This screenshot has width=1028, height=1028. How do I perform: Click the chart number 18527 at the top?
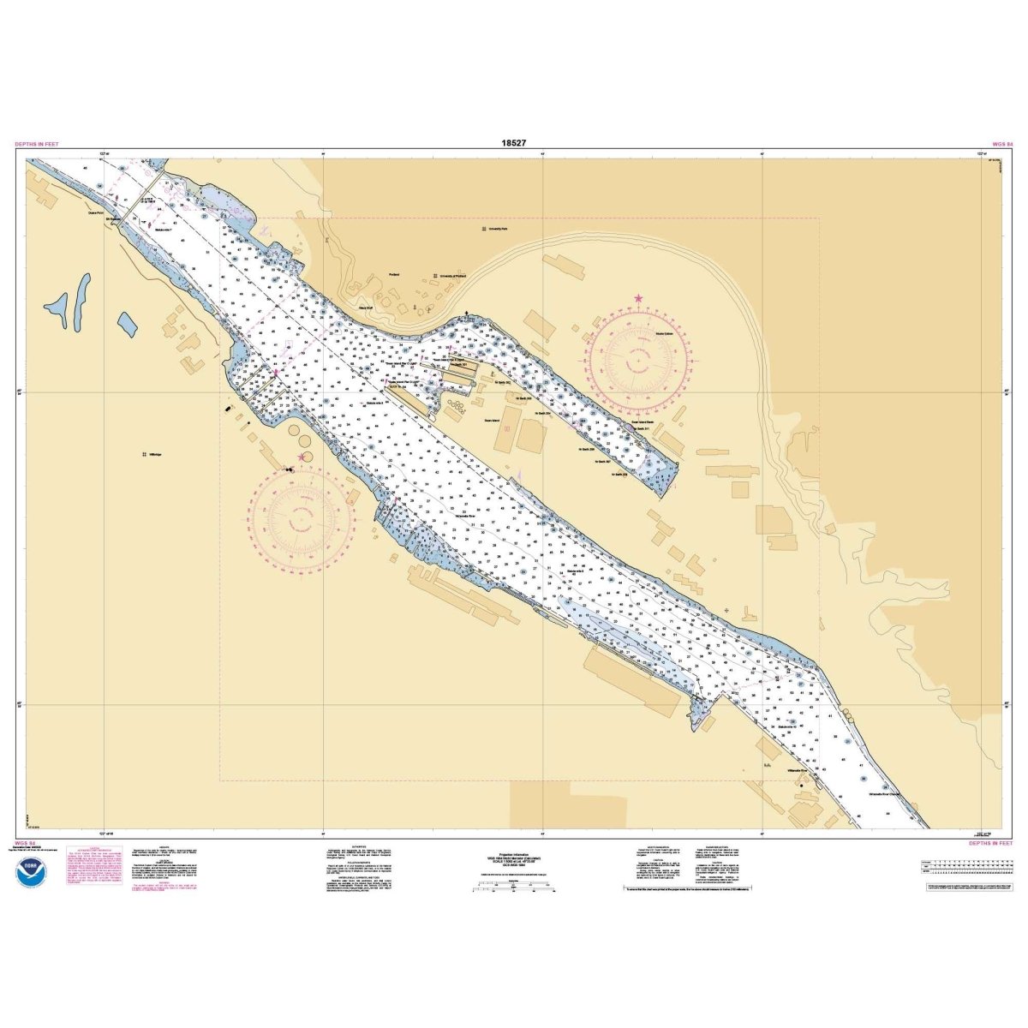point(514,143)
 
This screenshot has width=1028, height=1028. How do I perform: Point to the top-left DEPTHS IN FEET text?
point(37,145)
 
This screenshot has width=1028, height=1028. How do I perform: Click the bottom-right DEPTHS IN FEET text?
point(989,843)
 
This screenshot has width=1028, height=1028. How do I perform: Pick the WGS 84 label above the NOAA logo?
point(25,843)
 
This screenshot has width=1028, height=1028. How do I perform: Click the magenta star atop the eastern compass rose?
point(638,298)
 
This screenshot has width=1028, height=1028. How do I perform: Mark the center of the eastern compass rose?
point(638,362)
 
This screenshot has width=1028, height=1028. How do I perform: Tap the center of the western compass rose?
point(302,519)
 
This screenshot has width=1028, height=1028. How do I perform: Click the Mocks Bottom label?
point(664,333)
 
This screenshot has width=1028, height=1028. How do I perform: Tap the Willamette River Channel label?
point(883,794)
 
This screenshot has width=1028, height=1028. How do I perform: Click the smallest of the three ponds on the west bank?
point(127,324)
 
